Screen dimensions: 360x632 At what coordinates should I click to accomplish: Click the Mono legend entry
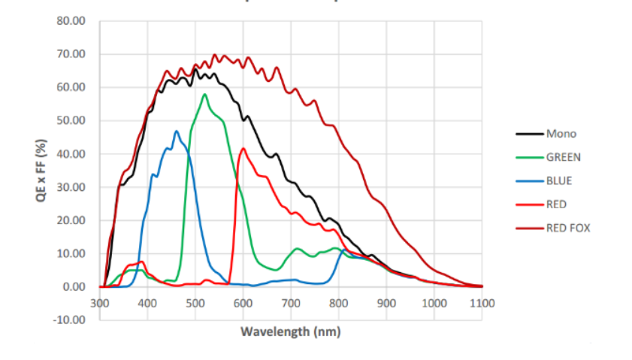[559, 134]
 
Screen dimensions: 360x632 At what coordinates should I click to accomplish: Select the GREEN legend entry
[563, 157]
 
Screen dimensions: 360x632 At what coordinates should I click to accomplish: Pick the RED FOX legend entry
[567, 227]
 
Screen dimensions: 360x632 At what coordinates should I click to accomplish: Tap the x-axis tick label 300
[100, 303]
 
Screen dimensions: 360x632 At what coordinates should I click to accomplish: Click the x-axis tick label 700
[291, 303]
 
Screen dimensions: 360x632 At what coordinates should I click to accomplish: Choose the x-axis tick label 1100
[482, 303]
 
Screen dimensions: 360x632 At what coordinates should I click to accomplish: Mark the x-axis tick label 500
[195, 303]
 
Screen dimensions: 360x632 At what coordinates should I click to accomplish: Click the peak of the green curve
[204, 95]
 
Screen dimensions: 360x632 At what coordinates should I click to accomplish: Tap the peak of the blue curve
[177, 132]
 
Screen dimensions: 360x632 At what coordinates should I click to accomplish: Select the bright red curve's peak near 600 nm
[243, 148]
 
